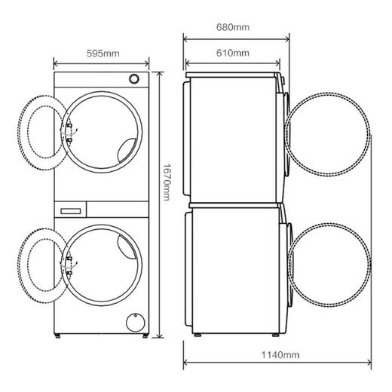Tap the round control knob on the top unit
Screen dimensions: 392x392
[134, 79]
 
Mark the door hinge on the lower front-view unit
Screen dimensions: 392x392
[70, 262]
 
